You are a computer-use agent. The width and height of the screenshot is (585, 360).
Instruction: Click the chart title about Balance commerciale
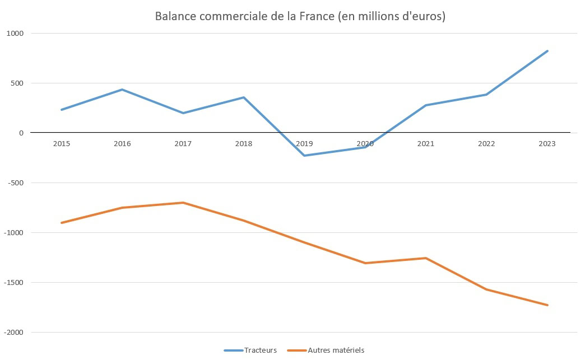[x=300, y=17]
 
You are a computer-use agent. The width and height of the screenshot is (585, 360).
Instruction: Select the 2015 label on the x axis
[x=62, y=144]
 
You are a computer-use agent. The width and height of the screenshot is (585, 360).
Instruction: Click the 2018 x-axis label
[x=244, y=144]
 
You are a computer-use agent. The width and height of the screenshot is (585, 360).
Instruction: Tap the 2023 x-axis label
[x=547, y=144]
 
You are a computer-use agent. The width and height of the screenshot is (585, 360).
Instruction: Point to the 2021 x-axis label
[x=426, y=144]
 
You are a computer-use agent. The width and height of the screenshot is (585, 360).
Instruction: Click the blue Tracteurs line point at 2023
[x=547, y=51]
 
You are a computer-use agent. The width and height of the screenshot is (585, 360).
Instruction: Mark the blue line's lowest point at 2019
[x=304, y=156]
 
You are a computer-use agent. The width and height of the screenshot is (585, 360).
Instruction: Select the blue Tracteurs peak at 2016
[x=122, y=90]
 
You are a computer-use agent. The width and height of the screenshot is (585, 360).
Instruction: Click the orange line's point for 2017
[x=183, y=203]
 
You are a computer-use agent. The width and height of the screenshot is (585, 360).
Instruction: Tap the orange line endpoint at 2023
[x=547, y=305]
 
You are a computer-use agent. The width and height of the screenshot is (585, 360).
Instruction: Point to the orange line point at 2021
[x=426, y=258]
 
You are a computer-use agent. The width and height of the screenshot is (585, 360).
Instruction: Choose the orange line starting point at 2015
[x=62, y=223]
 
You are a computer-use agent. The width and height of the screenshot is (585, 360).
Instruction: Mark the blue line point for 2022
[x=486, y=95]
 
